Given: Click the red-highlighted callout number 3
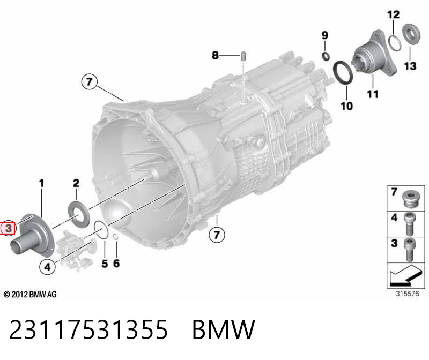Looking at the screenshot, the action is click(x=9, y=228).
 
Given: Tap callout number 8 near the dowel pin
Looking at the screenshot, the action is click(x=216, y=55).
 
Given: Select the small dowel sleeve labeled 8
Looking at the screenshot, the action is click(x=243, y=56).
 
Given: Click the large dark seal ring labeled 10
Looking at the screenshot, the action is click(x=343, y=73).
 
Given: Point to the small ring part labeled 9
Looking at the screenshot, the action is click(x=326, y=56).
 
